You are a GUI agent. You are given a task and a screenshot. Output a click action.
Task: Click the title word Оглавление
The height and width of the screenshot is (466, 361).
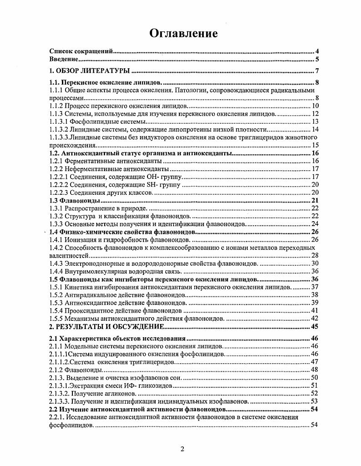183,33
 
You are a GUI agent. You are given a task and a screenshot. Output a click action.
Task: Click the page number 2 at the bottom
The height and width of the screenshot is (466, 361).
182,449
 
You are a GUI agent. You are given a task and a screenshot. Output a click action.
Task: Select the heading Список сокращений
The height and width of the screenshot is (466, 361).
81,51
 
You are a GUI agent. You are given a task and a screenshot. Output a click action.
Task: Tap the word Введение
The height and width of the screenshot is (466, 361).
63,59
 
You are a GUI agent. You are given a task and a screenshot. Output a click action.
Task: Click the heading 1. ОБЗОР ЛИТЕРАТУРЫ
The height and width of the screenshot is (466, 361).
90,71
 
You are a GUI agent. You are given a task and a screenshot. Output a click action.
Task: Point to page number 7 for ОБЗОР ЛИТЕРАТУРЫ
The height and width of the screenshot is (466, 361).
316,71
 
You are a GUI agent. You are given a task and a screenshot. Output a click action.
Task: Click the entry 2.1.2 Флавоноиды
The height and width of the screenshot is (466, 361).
76,369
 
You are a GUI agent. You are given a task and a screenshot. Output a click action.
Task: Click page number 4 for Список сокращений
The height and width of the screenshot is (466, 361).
316,51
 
